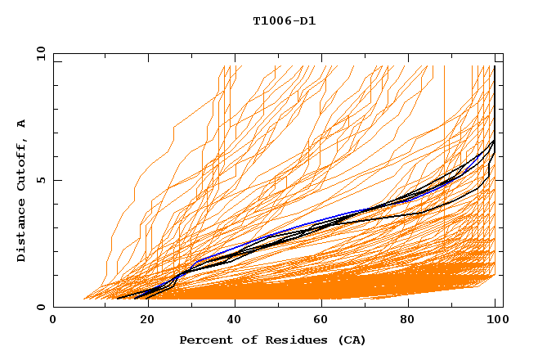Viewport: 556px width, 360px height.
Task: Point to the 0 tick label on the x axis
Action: pyautogui.click(x=53, y=321)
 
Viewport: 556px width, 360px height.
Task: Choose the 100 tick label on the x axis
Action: pyautogui.click(x=495, y=321)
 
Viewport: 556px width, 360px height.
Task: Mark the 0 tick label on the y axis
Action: pyautogui.click(x=40, y=308)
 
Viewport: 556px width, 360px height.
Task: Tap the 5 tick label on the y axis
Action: pyautogui.click(x=40, y=180)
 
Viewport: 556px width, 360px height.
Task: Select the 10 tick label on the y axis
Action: pyautogui.click(x=40, y=53)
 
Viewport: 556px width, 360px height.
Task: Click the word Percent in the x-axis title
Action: pyautogui.click(x=205, y=340)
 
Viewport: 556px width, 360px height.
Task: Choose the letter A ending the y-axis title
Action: pyautogui.click(x=22, y=124)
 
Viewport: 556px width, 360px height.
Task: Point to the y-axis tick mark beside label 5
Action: pyautogui.click(x=56, y=180)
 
